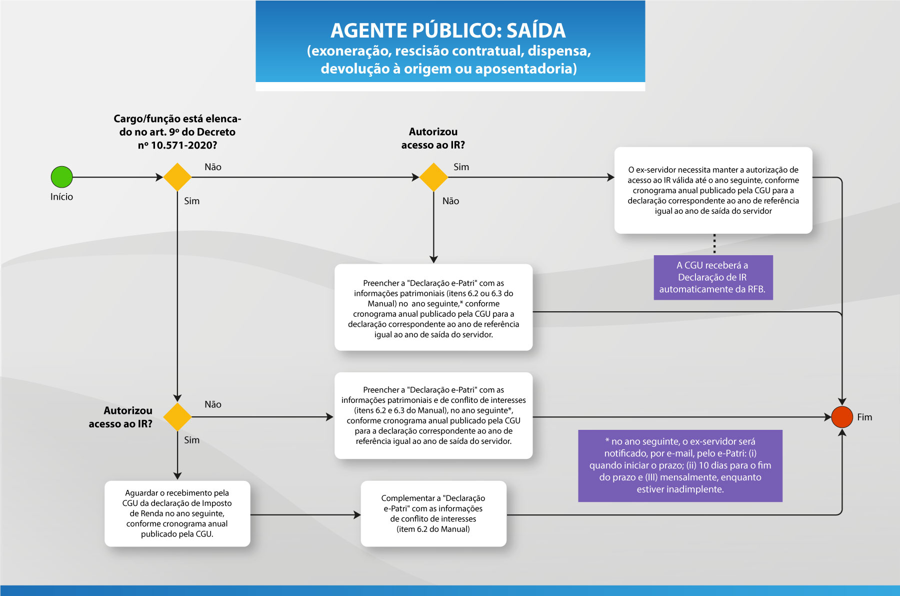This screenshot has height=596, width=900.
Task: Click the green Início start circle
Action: [61, 177]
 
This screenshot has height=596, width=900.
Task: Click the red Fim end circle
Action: [842, 417]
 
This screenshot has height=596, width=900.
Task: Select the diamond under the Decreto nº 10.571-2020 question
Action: [177, 177]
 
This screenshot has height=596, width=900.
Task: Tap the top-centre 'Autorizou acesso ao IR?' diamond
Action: [433, 177]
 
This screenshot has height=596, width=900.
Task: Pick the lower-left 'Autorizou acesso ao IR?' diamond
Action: [177, 417]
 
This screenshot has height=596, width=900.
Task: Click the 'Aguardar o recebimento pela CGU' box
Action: [177, 513]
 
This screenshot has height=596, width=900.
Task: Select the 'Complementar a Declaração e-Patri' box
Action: [433, 513]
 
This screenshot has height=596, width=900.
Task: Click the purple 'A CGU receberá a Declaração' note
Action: [713, 277]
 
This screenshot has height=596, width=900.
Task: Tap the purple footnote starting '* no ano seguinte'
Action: [680, 465]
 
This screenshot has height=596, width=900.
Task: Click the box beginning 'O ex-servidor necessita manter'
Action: [713, 190]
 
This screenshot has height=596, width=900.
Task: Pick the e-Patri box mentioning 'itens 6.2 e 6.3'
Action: [433, 415]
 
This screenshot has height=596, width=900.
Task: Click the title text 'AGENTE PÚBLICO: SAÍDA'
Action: [448, 31]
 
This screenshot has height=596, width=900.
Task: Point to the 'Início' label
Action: [61, 197]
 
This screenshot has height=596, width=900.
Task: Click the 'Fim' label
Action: [864, 417]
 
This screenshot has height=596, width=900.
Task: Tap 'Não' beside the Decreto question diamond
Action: [213, 167]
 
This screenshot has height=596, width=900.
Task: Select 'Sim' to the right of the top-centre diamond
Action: [461, 167]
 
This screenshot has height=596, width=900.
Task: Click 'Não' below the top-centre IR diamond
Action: [450, 201]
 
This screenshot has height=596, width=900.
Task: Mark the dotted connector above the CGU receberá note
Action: [714, 244]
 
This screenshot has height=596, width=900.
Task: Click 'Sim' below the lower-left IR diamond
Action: [191, 440]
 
